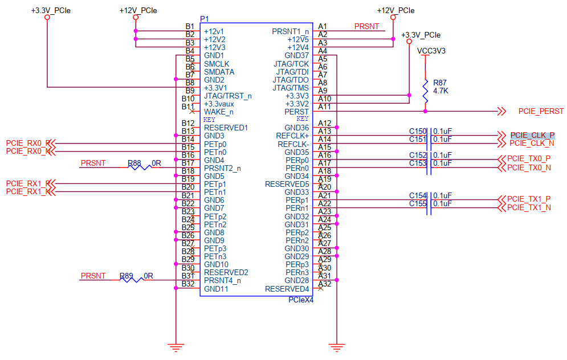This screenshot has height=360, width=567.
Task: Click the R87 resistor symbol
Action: click(x=425, y=91)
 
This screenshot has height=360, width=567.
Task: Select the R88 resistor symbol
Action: click(x=140, y=167)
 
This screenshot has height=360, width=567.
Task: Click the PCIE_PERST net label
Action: click(x=541, y=111)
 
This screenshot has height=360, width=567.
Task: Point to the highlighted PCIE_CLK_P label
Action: click(x=532, y=135)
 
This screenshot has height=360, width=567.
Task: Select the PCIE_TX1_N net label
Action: click(x=529, y=207)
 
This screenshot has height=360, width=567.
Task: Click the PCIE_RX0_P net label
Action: click(x=28, y=143)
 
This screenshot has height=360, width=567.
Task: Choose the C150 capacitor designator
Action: click(x=418, y=131)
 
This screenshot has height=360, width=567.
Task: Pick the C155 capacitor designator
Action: click(x=418, y=203)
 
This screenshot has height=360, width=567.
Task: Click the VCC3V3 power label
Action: click(x=431, y=51)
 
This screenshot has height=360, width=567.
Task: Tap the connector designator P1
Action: click(x=205, y=19)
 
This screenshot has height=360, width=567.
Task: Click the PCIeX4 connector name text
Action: click(x=301, y=300)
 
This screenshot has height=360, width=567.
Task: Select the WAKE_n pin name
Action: click(x=219, y=112)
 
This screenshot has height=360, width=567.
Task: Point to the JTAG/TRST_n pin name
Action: click(x=228, y=96)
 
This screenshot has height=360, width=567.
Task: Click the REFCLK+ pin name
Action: click(x=292, y=136)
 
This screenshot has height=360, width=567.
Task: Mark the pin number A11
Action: click(x=324, y=107)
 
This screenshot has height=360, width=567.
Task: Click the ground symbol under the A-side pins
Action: click(x=337, y=347)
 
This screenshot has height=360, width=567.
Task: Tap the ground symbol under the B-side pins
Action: click(x=176, y=347)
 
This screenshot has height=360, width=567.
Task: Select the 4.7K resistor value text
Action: click(x=440, y=91)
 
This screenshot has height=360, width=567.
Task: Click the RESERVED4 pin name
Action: click(x=287, y=289)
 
